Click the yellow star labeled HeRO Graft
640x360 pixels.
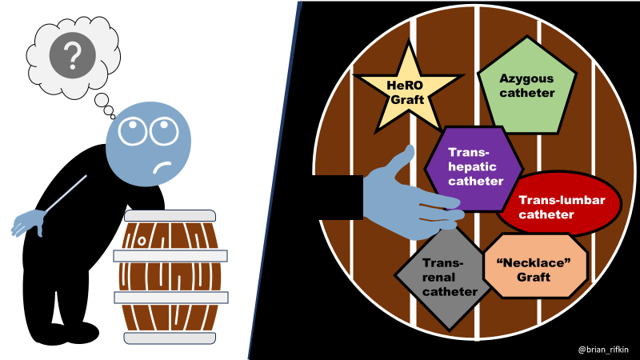[406, 90]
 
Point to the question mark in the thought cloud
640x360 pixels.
[73, 56]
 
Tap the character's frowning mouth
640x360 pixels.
[162, 169]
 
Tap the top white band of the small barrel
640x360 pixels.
[170, 215]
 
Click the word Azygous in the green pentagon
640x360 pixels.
[526, 78]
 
